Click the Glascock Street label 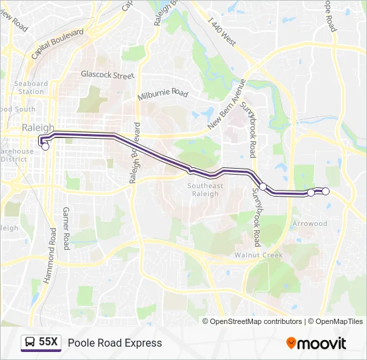107,75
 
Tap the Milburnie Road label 163,95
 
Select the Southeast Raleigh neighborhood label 205,189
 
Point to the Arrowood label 310,224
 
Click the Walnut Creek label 258,255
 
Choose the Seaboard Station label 31,87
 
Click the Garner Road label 65,228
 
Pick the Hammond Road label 50,256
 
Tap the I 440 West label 222,32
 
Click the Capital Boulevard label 57,43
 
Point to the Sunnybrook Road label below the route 257,217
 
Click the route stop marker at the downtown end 45,147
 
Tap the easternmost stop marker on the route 326,191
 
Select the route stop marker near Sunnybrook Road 263,187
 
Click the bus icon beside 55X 30,343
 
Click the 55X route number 49,343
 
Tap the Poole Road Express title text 115,343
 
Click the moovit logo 316,343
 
